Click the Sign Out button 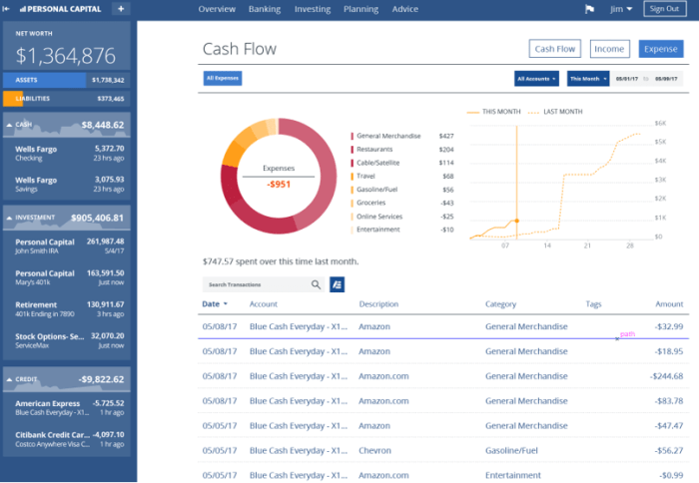click(664, 9)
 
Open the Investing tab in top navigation click(313, 9)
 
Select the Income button click(608, 49)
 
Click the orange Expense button click(660, 49)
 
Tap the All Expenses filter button click(222, 78)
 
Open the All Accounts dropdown click(537, 78)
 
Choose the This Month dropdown click(588, 78)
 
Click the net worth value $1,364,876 click(66, 55)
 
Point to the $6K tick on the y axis click(660, 123)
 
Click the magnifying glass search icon click(317, 284)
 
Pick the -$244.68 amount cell click(663, 376)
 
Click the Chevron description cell click(375, 451)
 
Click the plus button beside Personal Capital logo click(121, 9)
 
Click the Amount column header click(668, 304)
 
